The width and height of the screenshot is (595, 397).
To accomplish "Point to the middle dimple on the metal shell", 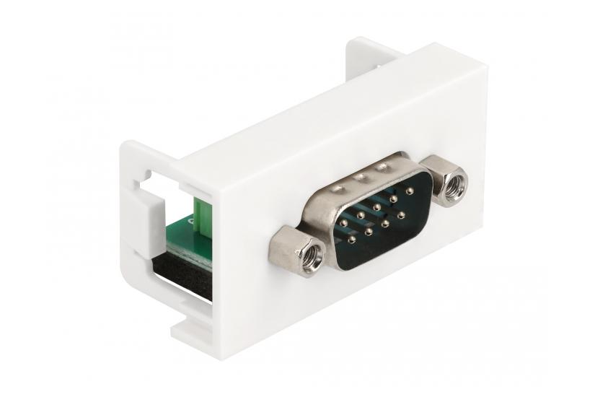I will click(x=361, y=176).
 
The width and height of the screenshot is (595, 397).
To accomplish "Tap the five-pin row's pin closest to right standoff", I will click(x=410, y=191).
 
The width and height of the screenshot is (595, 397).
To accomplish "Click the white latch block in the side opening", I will click(x=144, y=206).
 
